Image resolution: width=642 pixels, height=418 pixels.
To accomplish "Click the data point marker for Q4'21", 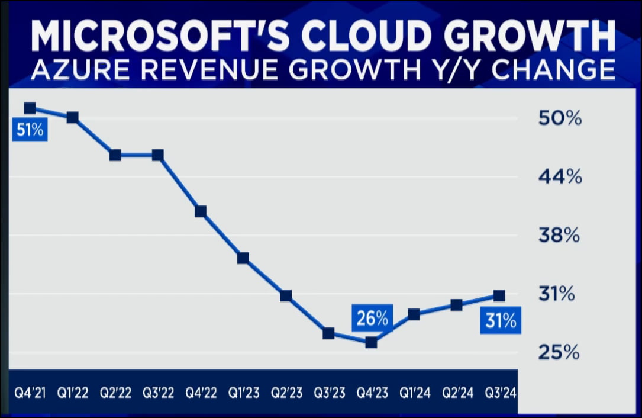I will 30,108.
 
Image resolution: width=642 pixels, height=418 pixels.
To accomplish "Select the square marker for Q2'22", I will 115,155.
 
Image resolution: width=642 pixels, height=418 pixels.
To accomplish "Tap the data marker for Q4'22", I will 201,211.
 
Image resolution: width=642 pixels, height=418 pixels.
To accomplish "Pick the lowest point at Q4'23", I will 371,342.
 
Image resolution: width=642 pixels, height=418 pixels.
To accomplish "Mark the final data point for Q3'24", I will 499,295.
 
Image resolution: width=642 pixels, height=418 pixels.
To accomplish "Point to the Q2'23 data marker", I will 286,295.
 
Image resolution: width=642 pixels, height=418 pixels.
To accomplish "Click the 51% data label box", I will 30,130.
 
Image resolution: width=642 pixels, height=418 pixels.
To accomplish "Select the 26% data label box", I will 372,319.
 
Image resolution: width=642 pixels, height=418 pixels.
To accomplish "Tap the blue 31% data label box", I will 500,321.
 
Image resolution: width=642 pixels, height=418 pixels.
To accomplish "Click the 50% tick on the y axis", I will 560,118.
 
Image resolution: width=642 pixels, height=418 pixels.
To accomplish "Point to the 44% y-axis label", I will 560,176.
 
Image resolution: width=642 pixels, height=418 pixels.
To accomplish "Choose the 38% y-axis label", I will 560,236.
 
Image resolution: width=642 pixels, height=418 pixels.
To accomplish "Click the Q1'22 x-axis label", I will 73,392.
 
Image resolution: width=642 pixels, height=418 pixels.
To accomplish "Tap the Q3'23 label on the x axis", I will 328,392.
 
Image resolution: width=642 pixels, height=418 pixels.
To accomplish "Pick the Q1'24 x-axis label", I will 414,392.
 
